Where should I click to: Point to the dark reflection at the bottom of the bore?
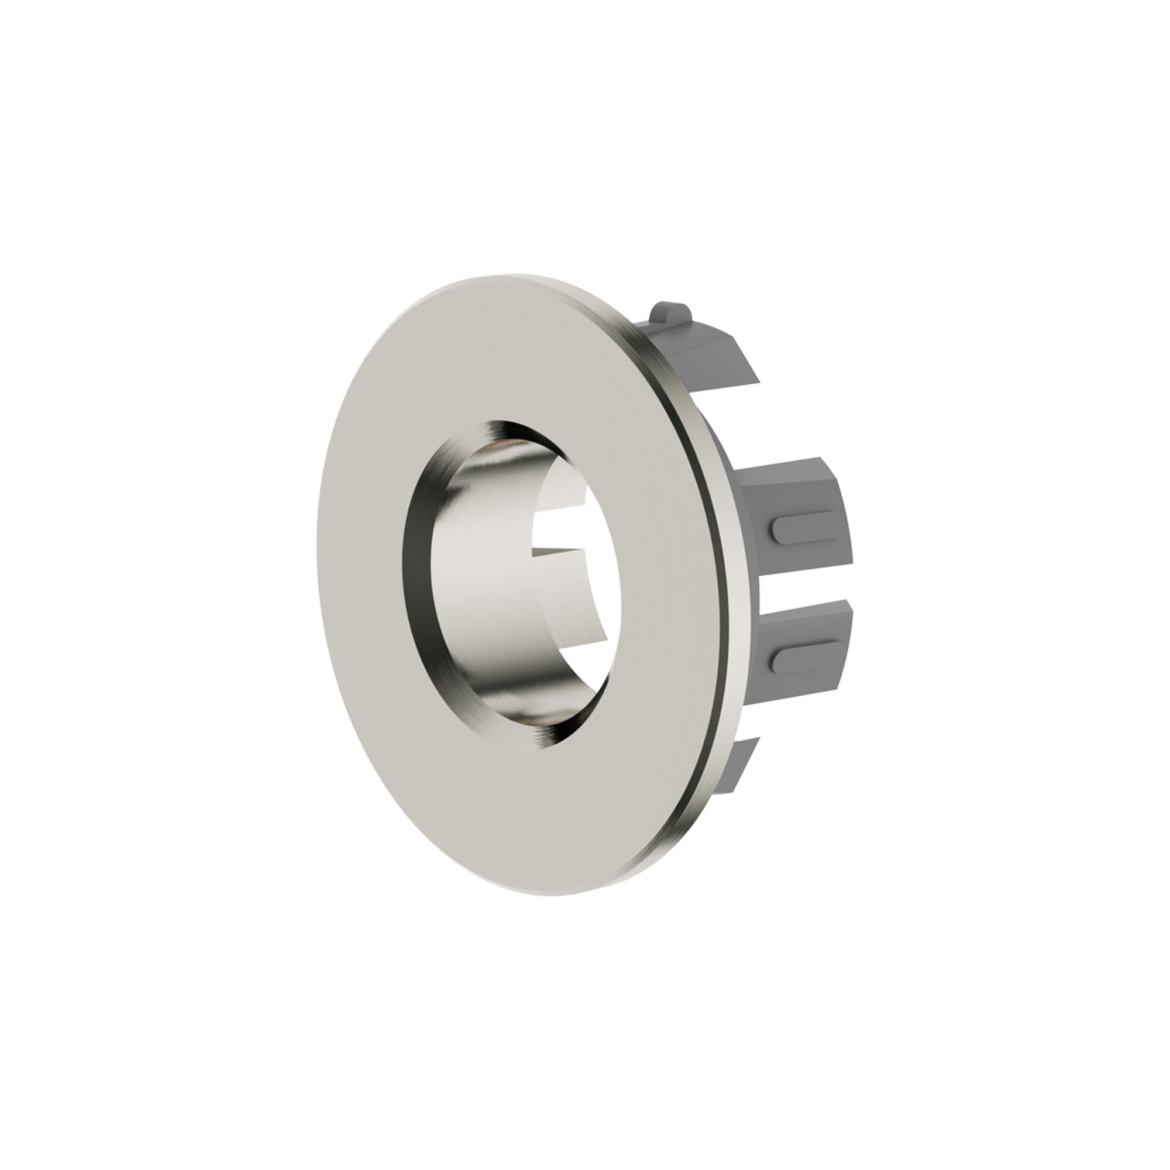tap(497, 721)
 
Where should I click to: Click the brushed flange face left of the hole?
tap(363, 581)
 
